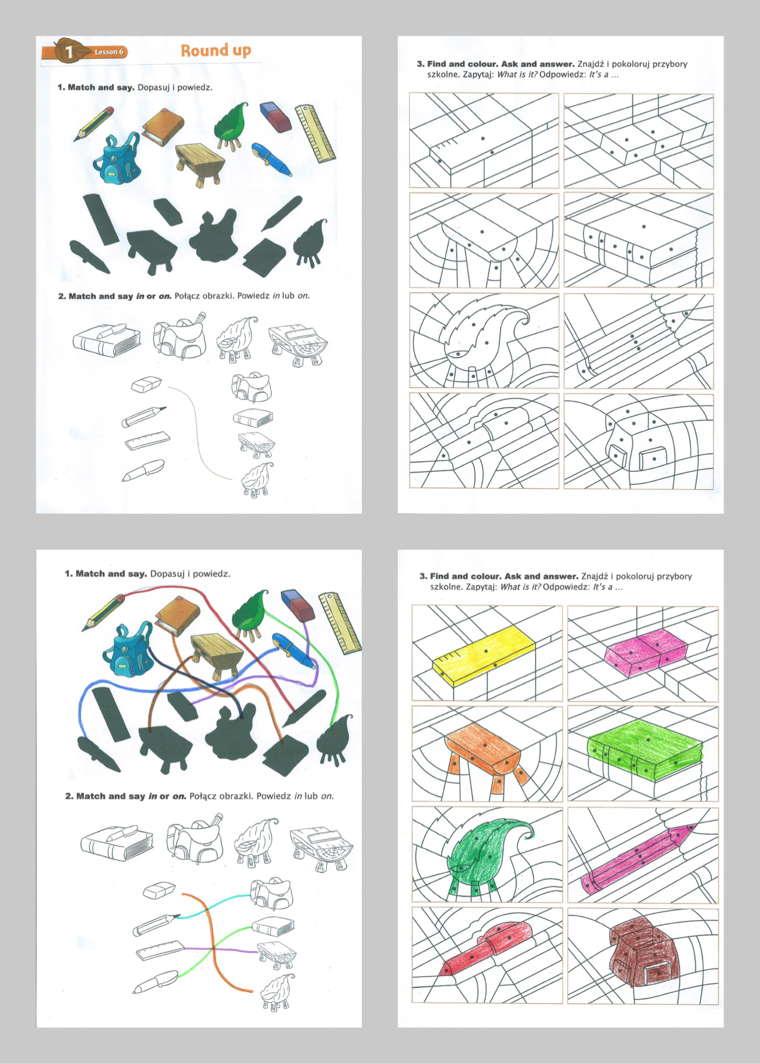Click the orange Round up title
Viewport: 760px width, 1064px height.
[216, 51]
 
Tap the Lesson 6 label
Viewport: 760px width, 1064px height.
[109, 52]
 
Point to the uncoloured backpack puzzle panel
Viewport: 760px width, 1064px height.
[639, 441]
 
